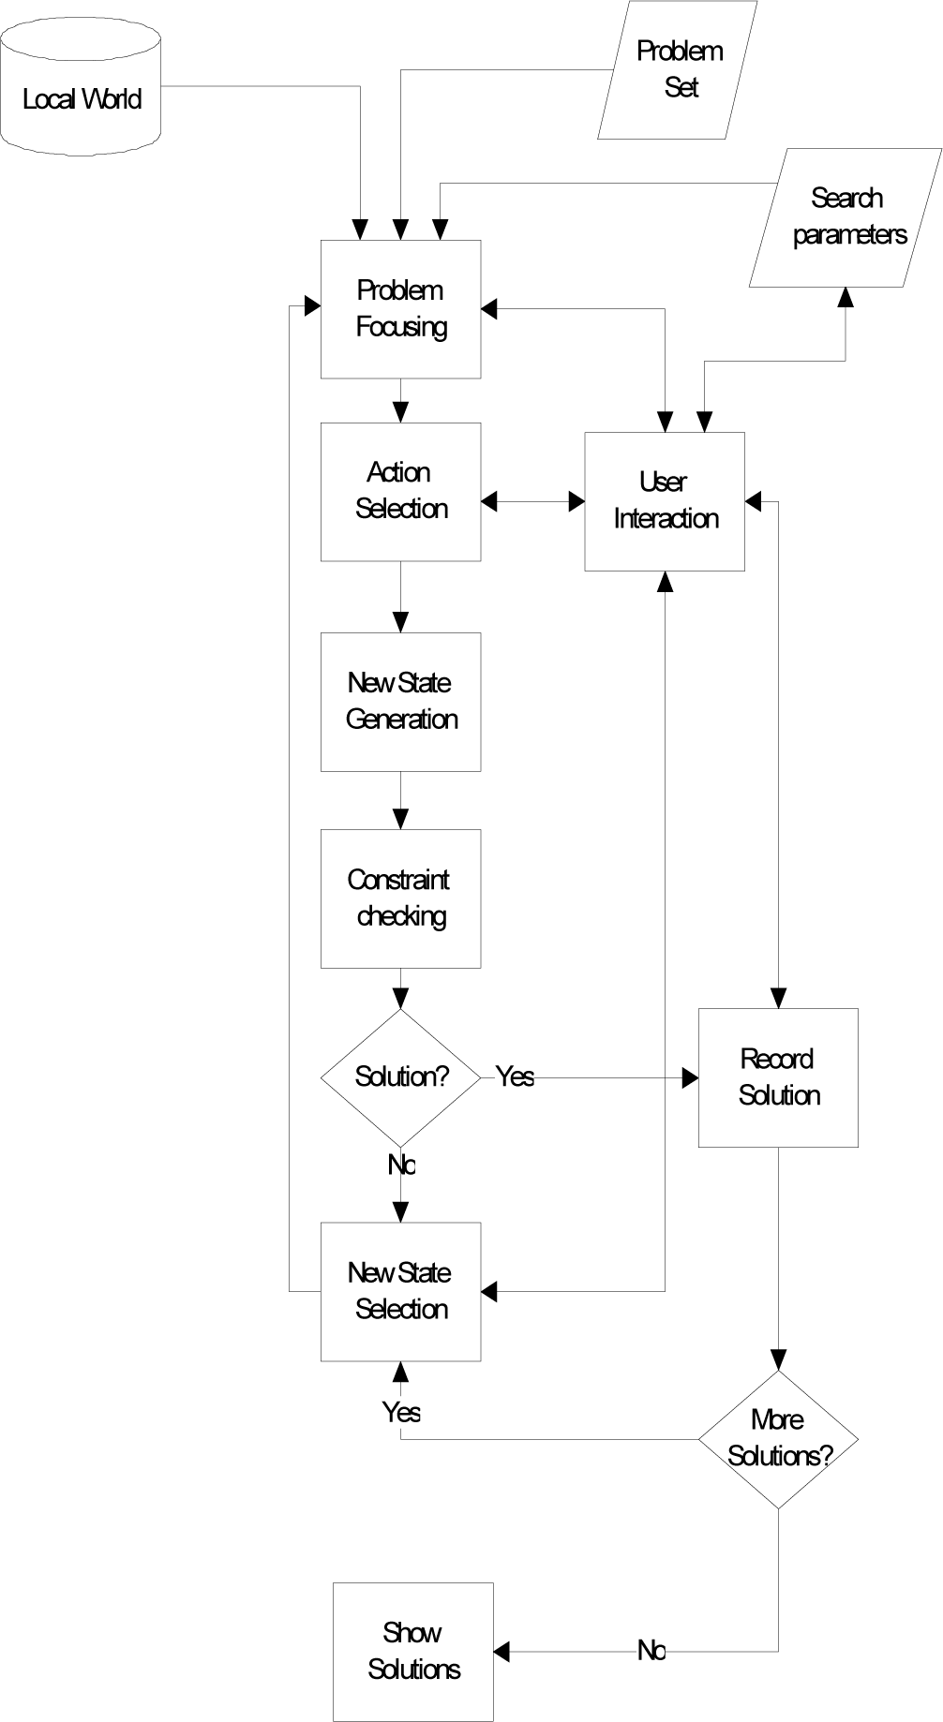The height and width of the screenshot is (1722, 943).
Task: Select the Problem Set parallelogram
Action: point(678,70)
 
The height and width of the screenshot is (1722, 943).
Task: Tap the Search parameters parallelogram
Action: point(846,217)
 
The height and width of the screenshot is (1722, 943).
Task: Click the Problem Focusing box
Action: point(401,309)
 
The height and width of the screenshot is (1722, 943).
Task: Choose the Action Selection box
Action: point(401,492)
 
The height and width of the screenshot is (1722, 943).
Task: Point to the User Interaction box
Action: point(665,501)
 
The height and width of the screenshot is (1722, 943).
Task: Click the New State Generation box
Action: point(401,702)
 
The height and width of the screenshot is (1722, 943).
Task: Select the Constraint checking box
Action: point(401,898)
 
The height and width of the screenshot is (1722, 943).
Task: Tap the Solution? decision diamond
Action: point(401,1077)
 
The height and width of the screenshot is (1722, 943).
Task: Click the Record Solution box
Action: point(778,1077)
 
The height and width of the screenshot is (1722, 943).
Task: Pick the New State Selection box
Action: point(401,1292)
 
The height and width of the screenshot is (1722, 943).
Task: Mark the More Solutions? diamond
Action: point(778,1439)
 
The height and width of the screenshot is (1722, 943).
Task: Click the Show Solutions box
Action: point(413,1652)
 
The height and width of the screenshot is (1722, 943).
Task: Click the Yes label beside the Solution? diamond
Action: point(515,1076)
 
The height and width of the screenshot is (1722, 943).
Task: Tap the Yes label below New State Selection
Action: point(401,1412)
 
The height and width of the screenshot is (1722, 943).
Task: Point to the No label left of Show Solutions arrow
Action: point(651,1651)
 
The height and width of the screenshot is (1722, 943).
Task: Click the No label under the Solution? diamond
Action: point(401,1165)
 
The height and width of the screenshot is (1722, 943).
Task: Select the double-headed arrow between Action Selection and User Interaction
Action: point(533,502)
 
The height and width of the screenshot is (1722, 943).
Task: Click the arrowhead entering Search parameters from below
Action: point(846,297)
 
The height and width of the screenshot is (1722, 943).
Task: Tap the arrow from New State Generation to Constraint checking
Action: point(401,800)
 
